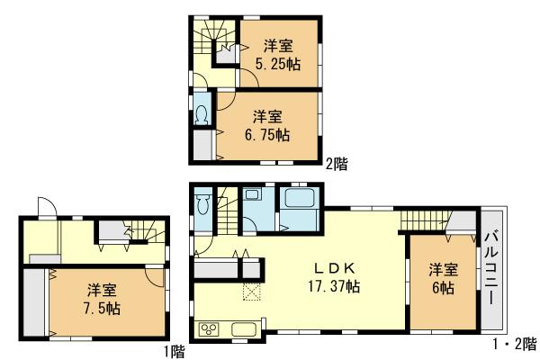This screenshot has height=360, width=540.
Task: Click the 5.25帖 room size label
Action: pyautogui.click(x=276, y=64)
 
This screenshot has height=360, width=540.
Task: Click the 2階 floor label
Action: pyautogui.click(x=337, y=164)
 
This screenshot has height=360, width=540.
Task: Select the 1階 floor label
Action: pyautogui.click(x=173, y=349)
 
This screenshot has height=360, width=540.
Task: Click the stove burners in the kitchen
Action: pyautogui.click(x=210, y=328)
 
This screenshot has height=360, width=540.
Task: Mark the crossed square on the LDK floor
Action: pyautogui.click(x=250, y=291)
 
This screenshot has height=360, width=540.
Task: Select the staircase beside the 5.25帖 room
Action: pyautogui.click(x=213, y=40)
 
